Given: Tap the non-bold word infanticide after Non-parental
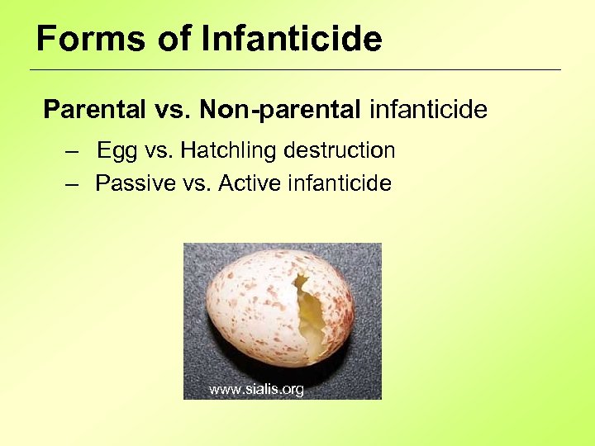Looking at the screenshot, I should click(428, 110).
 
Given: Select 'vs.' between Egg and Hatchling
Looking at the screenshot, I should click(158, 151).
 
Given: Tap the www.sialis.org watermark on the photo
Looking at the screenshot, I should click(256, 389).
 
